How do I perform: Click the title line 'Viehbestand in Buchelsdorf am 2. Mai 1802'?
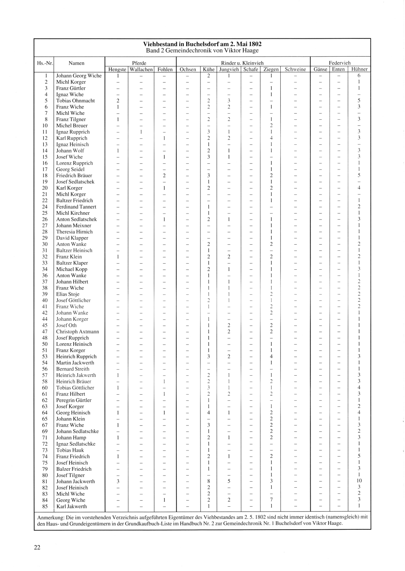point(202,44)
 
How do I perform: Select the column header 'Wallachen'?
point(141,70)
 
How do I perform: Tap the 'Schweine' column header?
point(295,70)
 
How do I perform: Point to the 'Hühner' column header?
point(359,70)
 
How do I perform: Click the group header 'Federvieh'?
point(340,63)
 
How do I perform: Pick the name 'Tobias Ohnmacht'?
point(75,101)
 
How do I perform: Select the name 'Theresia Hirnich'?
point(74,232)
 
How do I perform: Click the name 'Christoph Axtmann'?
point(77,332)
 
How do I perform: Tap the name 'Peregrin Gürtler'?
point(74,400)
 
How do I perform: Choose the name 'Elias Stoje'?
point(68,294)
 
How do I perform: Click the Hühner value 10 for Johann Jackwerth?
point(359,481)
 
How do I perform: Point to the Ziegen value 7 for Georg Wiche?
point(271,500)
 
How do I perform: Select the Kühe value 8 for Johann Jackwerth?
point(209,481)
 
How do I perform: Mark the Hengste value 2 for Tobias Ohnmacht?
point(117,101)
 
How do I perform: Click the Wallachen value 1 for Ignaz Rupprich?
point(141,132)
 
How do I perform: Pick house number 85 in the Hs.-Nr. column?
point(45,506)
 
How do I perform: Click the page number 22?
point(37,548)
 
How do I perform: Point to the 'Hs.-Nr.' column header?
point(45,63)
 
